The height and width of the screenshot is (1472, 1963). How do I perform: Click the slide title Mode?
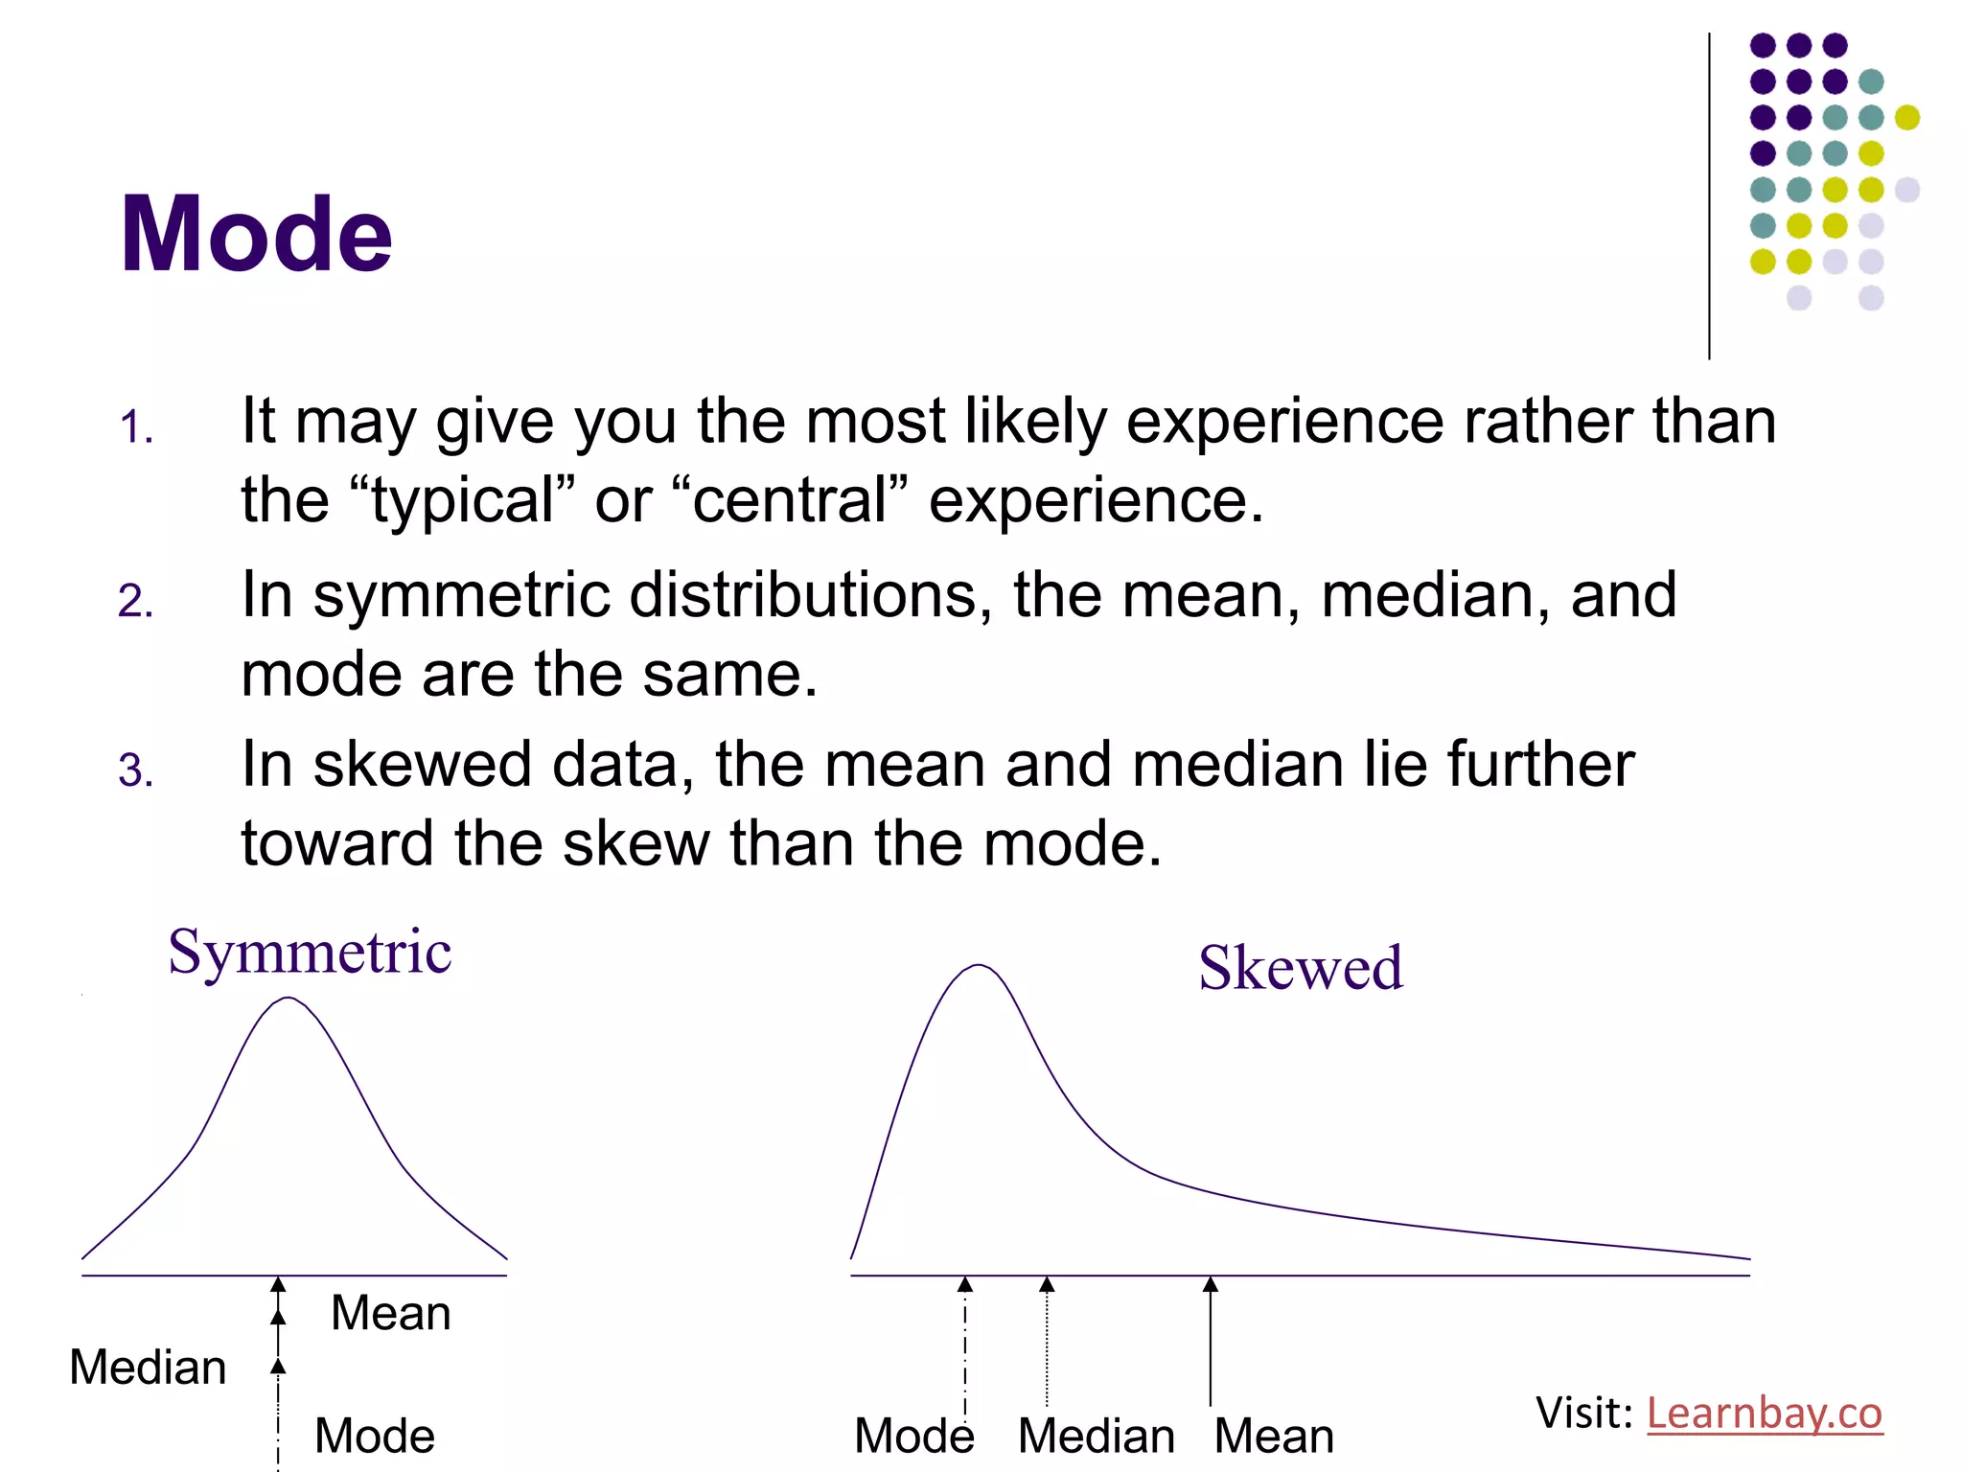[x=256, y=235]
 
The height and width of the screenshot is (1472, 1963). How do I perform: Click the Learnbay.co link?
[x=1764, y=1414]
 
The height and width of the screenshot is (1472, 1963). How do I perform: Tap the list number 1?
[x=136, y=427]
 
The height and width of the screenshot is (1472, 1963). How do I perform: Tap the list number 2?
[x=136, y=602]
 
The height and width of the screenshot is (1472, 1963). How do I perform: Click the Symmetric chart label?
[x=310, y=953]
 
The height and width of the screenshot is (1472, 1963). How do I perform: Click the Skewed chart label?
[x=1301, y=968]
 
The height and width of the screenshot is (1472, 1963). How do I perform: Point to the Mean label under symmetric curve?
[x=390, y=1313]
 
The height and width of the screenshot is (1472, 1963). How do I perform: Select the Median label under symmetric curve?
[x=148, y=1368]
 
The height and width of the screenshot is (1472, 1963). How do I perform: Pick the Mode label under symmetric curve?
[x=375, y=1436]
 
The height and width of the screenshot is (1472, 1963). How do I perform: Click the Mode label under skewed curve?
[x=913, y=1436]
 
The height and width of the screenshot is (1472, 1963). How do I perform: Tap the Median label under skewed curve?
[x=1097, y=1436]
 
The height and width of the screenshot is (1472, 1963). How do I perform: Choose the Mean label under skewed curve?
[x=1274, y=1436]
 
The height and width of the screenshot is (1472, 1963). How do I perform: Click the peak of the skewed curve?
[x=978, y=966]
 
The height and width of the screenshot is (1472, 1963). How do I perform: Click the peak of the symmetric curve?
[x=289, y=999]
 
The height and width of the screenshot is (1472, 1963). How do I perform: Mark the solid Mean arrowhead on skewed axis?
[x=1211, y=1285]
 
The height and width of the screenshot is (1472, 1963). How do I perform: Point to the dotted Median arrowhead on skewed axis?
[x=1047, y=1285]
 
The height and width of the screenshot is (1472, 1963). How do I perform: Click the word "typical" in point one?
[x=464, y=500]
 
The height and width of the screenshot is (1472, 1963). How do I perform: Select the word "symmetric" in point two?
[x=461, y=596]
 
